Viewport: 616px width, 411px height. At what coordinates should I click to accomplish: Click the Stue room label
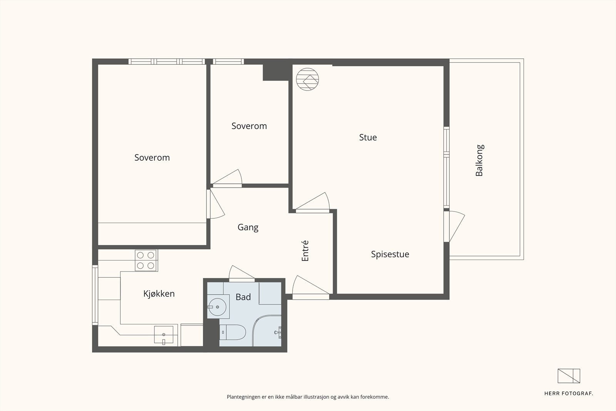coord(368,137)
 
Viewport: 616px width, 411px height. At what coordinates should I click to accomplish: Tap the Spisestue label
coord(390,254)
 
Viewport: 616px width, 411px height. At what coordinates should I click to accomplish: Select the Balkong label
coord(480,160)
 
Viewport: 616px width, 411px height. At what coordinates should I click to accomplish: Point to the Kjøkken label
coord(159,294)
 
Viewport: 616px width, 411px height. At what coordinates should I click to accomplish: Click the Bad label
coord(243,297)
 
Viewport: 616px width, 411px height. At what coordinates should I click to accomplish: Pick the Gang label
coord(248,228)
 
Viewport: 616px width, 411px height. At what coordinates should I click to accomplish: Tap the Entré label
coord(305,251)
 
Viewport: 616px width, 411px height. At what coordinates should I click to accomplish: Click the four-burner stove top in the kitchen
coord(146,260)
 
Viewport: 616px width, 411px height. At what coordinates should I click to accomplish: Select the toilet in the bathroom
coord(233,332)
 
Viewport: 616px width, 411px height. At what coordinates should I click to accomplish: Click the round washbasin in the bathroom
coord(217,307)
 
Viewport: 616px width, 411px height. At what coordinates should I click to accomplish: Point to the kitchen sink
coord(164,334)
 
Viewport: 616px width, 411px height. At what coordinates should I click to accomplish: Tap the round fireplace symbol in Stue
coord(308,79)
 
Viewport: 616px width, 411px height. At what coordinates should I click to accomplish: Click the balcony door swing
coord(454,226)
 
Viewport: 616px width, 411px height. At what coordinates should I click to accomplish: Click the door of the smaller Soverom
coord(228,178)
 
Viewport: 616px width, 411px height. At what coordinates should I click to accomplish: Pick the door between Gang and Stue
coord(313,203)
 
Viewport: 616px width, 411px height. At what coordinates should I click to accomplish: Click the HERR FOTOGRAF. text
coord(569,394)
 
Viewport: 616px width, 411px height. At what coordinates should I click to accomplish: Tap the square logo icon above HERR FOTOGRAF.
coord(569,376)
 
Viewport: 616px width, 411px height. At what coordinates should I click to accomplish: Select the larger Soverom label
coord(152,158)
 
